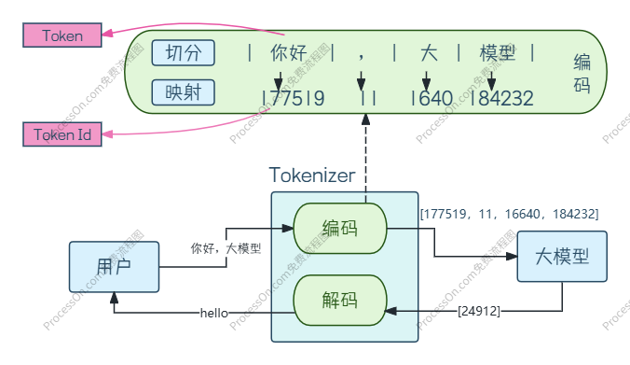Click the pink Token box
coord(62,35)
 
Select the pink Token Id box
coord(62,134)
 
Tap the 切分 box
coord(183,52)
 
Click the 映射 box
coord(183,92)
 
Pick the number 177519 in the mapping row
coord(294,97)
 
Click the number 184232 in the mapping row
coord(502,97)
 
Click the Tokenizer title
coord(312,175)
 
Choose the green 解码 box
coord(339,301)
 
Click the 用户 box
coord(114,267)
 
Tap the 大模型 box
coord(561,256)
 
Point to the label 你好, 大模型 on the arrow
coord(226,249)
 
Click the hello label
coord(214,313)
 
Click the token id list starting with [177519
coord(509,215)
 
